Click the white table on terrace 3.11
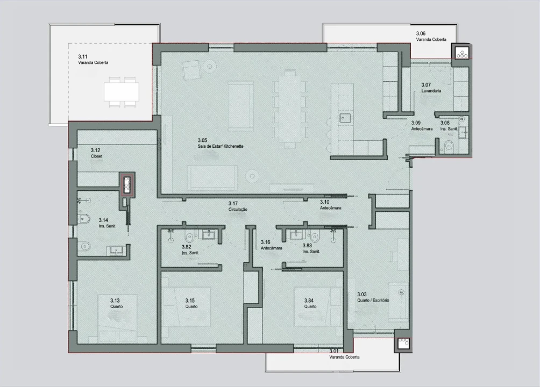coord(122,92)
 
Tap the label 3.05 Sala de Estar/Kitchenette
coord(221,142)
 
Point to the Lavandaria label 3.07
coord(431,88)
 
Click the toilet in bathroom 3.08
coord(450,145)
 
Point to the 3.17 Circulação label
coord(237,206)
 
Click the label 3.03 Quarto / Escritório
coord(373,297)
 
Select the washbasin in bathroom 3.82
coord(207,233)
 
